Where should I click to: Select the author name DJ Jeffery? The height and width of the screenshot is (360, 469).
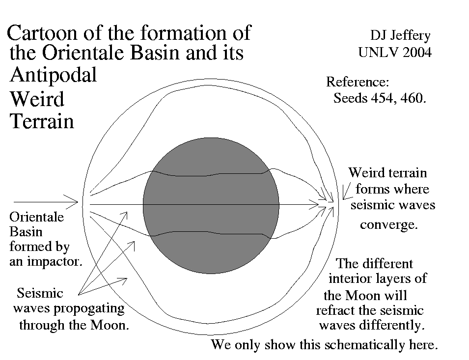pos(401,35)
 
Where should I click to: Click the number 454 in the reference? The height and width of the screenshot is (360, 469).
pos(379,98)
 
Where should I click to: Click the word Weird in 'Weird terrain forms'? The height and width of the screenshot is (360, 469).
pos(366,173)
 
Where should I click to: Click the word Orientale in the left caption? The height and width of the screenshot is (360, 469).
pos(37,217)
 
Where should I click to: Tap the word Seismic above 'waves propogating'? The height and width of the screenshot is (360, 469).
pos(40,293)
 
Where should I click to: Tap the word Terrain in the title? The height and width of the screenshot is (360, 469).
pos(42,121)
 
